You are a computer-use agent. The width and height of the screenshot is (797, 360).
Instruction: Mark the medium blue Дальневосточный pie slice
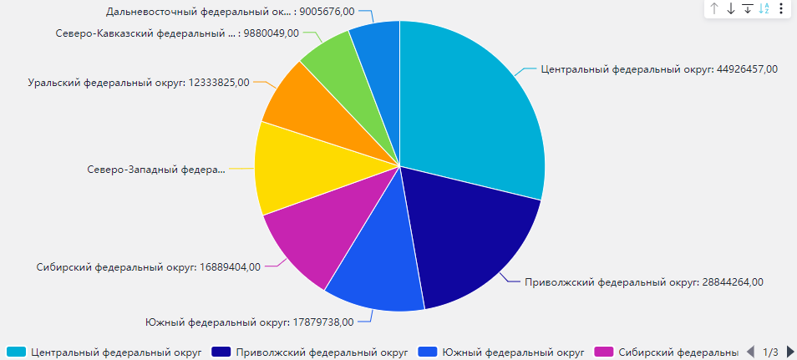[376, 46]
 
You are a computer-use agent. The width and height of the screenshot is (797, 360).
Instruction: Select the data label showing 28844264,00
[643, 282]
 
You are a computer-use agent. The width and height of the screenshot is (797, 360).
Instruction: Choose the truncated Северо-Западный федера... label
[156, 170]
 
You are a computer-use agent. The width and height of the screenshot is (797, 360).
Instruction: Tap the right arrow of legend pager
[790, 352]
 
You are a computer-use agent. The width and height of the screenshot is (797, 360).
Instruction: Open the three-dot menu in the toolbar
[781, 8]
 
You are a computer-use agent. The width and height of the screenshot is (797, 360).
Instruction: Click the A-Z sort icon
[764, 8]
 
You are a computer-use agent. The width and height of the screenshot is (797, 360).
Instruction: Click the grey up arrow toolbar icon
[714, 8]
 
